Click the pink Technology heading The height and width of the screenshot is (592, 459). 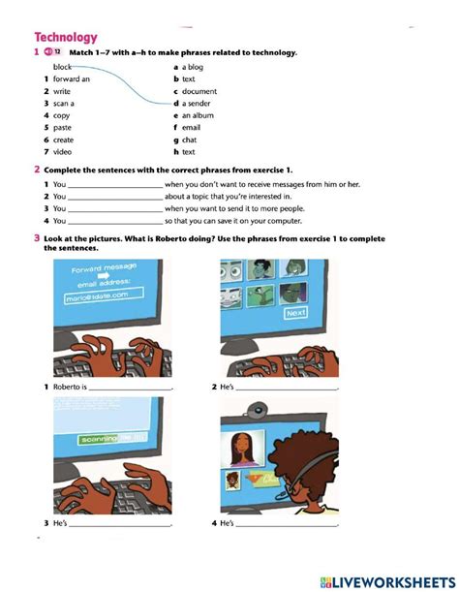pyautogui.click(x=66, y=36)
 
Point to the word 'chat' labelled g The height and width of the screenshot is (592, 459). pyautogui.click(x=190, y=140)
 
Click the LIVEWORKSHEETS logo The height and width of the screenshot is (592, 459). pyautogui.click(x=384, y=578)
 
